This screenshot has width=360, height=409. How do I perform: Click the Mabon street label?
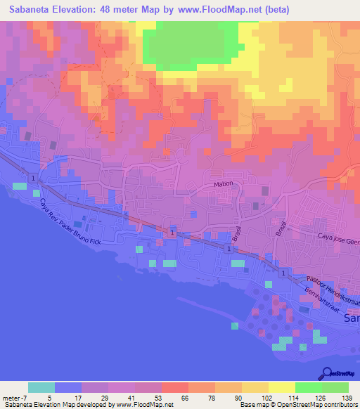[223, 185]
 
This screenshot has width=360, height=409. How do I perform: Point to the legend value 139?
[347, 398]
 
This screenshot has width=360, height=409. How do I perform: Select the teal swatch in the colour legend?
[41, 387]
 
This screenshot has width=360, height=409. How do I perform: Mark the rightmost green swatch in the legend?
[335, 387]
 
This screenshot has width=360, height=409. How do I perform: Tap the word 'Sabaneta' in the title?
[29, 10]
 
